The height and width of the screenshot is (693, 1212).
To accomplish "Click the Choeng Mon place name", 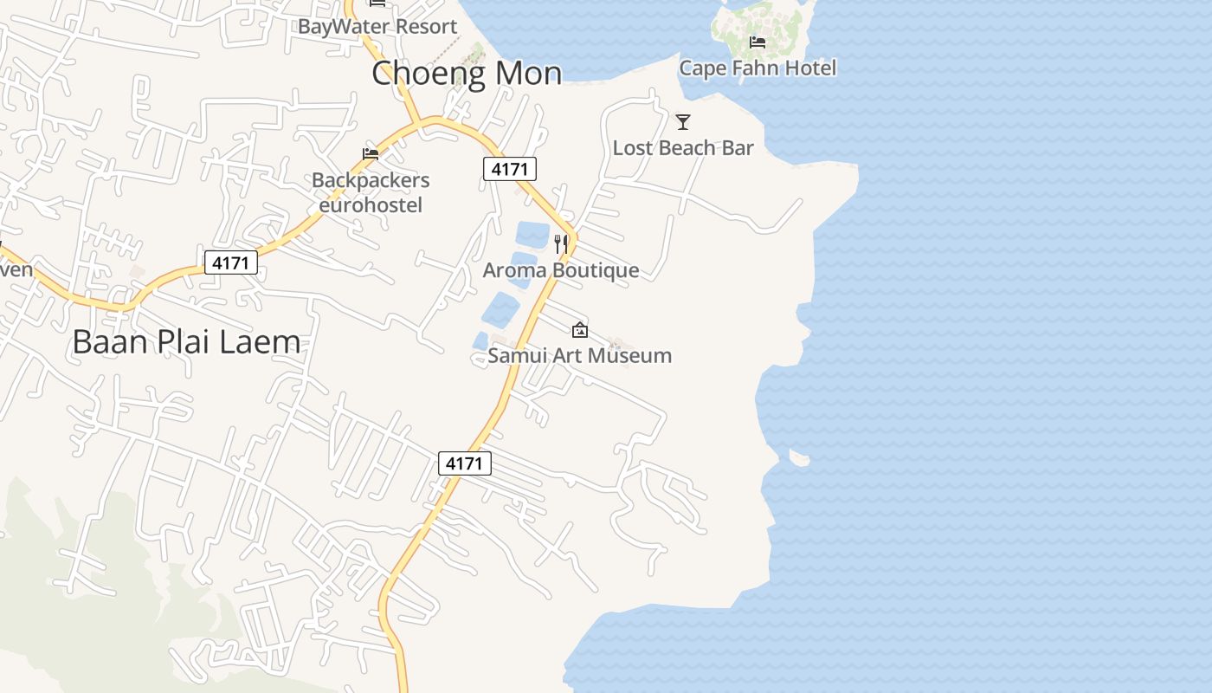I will click(467, 74).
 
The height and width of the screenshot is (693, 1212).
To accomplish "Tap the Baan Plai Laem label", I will click(186, 342).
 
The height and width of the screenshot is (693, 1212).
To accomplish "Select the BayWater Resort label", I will click(377, 26).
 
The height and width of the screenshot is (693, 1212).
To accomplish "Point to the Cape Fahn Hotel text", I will click(757, 68).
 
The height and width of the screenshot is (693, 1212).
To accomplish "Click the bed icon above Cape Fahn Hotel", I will click(757, 42).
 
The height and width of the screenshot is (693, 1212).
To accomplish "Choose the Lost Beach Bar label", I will click(683, 148).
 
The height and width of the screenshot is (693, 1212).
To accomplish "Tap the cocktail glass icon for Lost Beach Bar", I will click(683, 122).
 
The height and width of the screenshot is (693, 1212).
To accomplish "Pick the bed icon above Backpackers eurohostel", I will click(371, 154).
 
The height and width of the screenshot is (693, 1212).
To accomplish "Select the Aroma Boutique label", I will click(561, 270).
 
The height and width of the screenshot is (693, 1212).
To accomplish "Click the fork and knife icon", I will click(561, 244).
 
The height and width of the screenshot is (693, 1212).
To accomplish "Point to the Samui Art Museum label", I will click(580, 355).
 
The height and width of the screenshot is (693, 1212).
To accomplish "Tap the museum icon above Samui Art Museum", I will click(580, 330).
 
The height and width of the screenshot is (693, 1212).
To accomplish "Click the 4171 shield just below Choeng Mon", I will click(509, 169).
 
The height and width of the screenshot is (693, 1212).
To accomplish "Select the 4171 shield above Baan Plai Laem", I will click(231, 262).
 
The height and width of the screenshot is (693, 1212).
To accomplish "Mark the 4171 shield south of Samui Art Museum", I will click(464, 463).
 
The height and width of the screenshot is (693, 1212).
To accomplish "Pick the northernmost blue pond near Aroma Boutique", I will click(532, 235).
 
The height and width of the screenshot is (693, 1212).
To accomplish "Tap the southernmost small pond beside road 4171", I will click(481, 341).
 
